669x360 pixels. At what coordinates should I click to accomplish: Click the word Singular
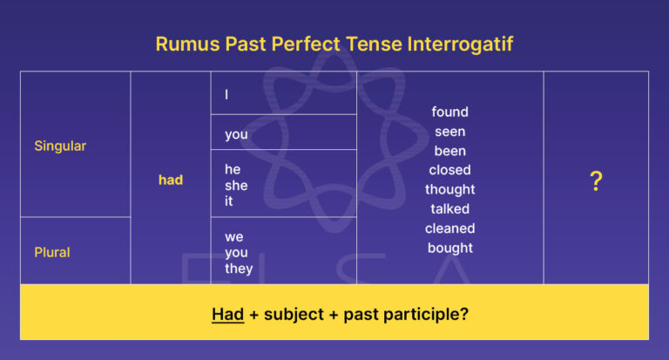pos(60,146)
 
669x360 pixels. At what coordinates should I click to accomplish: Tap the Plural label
pos(52,252)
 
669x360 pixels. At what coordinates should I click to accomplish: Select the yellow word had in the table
pos(171,180)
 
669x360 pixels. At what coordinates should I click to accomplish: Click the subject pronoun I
pos(226,94)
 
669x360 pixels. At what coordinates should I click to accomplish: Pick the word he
pos(233,169)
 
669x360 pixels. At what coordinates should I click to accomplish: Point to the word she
pos(236,185)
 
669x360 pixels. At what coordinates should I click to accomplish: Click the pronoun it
pos(229,201)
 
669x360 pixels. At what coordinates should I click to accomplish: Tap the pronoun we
pos(234,236)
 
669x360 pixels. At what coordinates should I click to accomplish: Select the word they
pos(239,268)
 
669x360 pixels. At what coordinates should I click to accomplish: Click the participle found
pos(449,112)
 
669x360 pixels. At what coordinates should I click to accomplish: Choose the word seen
pos(449,132)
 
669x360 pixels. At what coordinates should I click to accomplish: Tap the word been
pos(449,151)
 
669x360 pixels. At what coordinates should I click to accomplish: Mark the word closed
pos(449,170)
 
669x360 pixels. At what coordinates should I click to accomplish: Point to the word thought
pos(449,189)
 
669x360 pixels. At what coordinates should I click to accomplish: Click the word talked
pos(449,209)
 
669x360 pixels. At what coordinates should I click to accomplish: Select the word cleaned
pos(449,228)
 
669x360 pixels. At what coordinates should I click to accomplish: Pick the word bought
pos(449,248)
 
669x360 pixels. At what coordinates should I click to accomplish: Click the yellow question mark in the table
pos(596,181)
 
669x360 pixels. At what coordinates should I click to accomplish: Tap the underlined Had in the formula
pos(227,313)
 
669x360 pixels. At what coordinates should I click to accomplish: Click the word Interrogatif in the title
pos(465,44)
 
